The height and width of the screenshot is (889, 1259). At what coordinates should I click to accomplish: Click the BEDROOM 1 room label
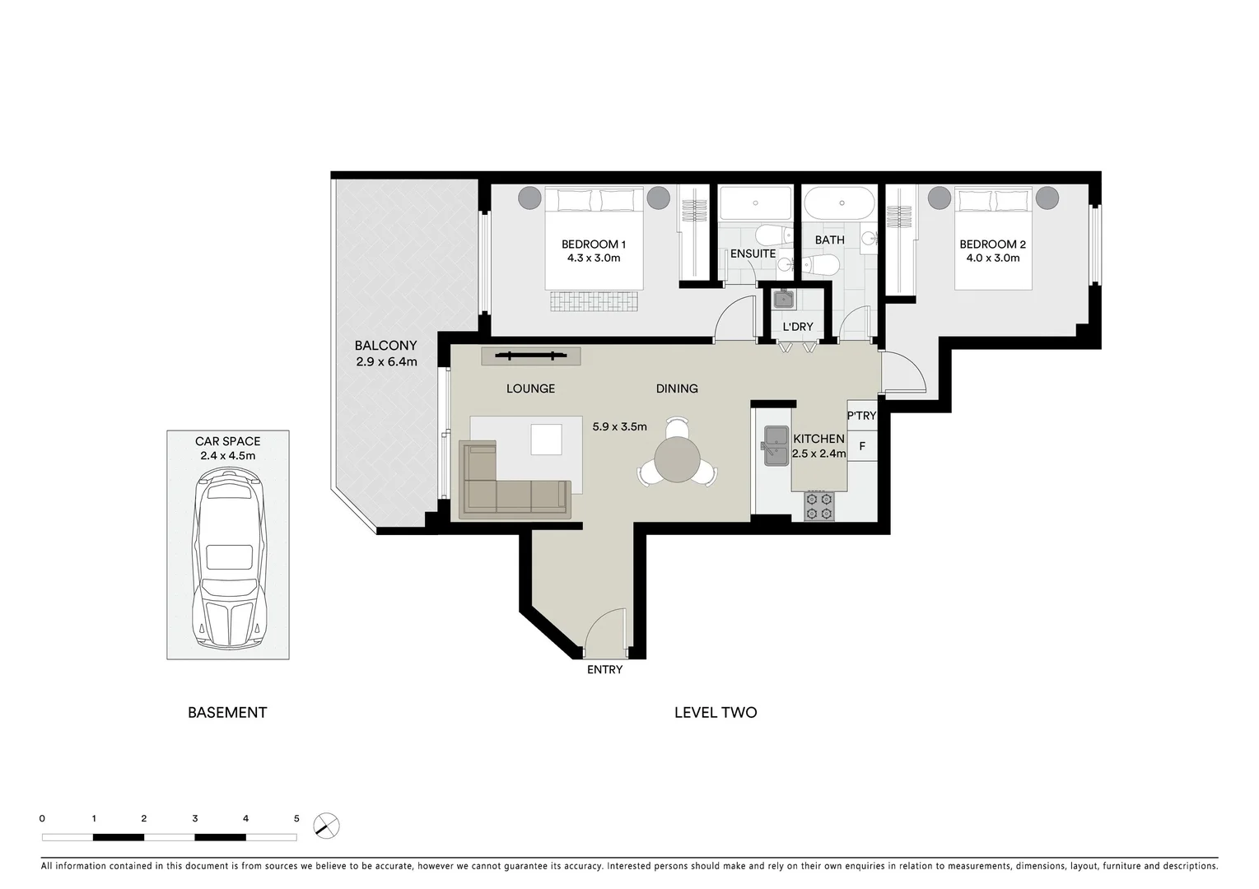tap(593, 244)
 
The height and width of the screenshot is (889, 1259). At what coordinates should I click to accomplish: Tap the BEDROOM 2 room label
tap(992, 244)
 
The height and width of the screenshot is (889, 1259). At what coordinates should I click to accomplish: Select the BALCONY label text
tap(385, 346)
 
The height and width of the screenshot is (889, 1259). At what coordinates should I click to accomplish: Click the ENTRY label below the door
tap(604, 670)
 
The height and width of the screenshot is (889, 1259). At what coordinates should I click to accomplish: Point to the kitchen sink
tap(774, 445)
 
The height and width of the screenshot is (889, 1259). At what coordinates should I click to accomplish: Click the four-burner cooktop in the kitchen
tap(818, 506)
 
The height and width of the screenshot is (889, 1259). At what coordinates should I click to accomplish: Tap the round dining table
tap(677, 461)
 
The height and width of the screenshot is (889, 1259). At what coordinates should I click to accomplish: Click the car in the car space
tap(227, 560)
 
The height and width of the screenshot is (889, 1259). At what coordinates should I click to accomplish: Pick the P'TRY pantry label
tap(861, 416)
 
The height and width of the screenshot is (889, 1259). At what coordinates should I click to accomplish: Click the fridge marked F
tap(862, 447)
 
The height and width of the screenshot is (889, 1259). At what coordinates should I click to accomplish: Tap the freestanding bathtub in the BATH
tap(841, 203)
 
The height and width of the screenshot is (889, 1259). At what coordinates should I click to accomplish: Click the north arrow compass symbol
tap(327, 826)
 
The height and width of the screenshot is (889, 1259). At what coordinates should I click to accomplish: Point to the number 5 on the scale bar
tap(296, 819)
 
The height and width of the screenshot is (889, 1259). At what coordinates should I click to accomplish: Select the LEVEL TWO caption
tap(715, 713)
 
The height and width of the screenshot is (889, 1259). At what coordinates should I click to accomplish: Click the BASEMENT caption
tap(227, 713)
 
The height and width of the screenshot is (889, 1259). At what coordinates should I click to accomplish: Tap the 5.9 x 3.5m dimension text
tap(619, 426)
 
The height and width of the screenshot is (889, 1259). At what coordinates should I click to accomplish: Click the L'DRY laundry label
tap(797, 327)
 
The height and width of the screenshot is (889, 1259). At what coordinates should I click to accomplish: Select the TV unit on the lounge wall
tap(531, 356)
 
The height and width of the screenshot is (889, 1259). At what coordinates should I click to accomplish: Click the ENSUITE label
tap(753, 254)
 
